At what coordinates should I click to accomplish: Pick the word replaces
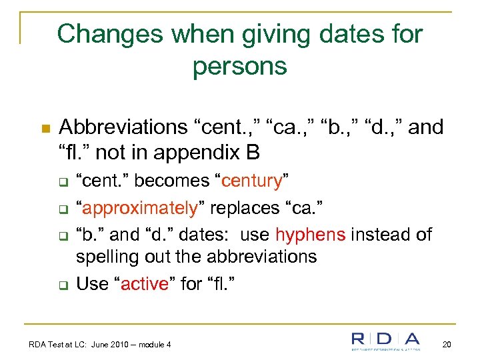[x=235, y=207]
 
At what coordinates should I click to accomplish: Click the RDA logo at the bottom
[x=387, y=340]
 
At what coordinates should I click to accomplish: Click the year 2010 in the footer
[x=128, y=345]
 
